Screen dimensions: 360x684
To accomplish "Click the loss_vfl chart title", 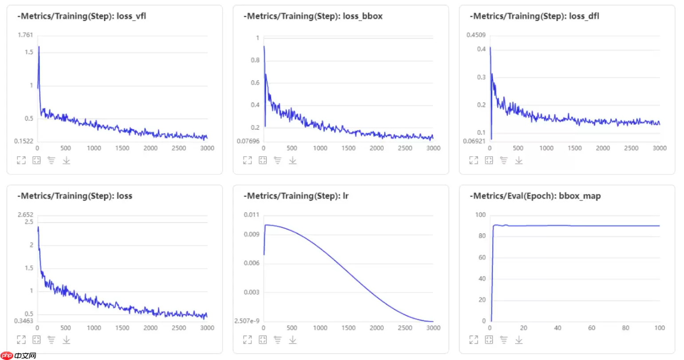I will coord(82,16).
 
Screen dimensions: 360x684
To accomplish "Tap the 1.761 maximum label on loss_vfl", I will coord(25,35).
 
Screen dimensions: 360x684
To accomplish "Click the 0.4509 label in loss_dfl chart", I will coord(476,35).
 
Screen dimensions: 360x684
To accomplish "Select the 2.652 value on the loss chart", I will coord(25,215).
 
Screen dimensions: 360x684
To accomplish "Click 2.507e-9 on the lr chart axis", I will coord(247,321).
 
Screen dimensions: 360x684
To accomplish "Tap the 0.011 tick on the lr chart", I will coord(252,215).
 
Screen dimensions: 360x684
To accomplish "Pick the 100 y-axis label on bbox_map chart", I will coord(480,215).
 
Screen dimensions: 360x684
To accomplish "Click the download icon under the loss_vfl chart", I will coord(67,160).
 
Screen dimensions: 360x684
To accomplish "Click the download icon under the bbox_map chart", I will coord(519,340).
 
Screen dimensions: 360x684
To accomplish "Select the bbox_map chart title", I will coord(535,196).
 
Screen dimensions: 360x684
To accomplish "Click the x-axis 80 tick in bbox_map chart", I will coord(625,328).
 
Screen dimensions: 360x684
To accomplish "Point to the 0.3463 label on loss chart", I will coord(23,321).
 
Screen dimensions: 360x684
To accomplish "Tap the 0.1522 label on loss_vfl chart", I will coord(23,141).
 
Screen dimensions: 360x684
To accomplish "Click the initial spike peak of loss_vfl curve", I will coord(39,47).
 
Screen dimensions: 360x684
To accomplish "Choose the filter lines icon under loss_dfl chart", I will coord(504,160).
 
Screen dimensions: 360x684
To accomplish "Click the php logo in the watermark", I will coord(7,356).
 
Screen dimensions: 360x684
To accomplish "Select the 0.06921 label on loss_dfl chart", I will coord(474,141).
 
